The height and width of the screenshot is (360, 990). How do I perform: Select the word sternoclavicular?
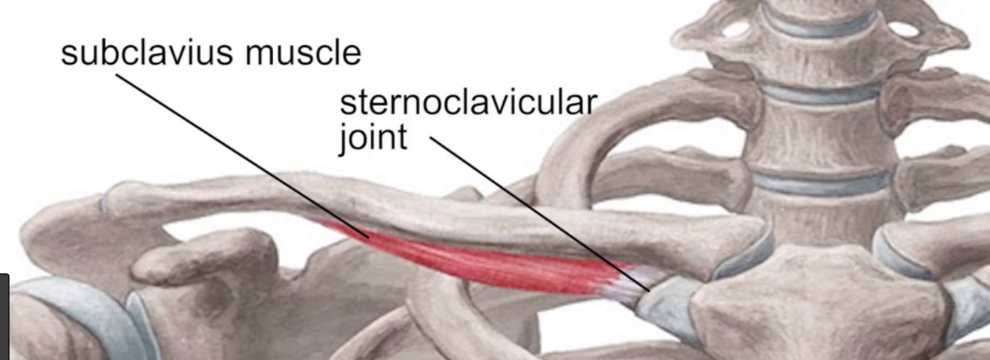tap(468, 103)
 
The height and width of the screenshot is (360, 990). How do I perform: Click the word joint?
tap(373, 137)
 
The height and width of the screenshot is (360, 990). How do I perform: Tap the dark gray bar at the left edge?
tap(4, 315)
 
